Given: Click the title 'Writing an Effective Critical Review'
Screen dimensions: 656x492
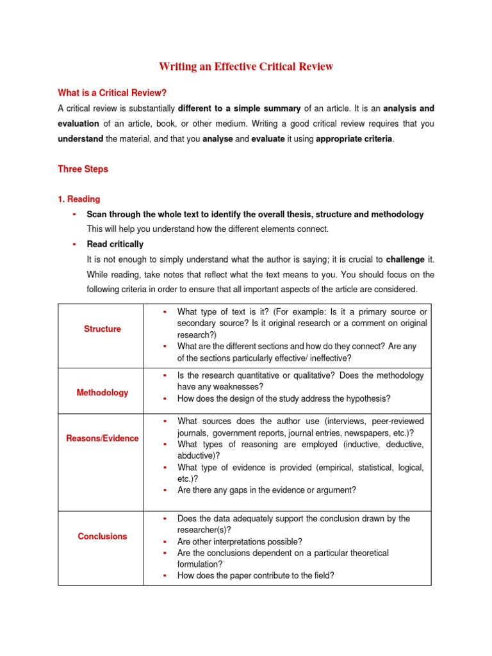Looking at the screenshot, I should [x=246, y=67].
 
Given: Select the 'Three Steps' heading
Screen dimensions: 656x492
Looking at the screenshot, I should [x=83, y=169].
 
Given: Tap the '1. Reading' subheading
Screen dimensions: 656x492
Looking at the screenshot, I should [x=79, y=199].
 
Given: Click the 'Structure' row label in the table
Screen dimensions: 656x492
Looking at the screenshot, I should [x=102, y=329].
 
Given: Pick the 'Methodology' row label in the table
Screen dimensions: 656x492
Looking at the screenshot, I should [x=102, y=393].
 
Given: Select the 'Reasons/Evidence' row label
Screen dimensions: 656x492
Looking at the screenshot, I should [x=102, y=438].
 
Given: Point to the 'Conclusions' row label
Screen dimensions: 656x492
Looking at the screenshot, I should [x=102, y=536].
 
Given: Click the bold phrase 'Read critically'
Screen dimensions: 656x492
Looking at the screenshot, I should [x=115, y=244].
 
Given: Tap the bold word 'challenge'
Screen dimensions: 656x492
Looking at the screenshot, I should [x=405, y=259].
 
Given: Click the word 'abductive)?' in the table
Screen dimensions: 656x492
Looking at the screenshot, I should [x=199, y=456].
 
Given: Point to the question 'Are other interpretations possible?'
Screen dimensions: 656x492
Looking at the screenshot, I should [x=240, y=541].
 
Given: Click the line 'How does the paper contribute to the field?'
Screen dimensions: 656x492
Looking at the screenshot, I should [x=256, y=575].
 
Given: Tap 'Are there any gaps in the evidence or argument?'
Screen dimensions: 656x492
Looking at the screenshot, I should [x=266, y=490].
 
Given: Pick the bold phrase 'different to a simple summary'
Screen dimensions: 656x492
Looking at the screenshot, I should [x=239, y=108].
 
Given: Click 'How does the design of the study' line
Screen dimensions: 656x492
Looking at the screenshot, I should [x=284, y=398].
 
